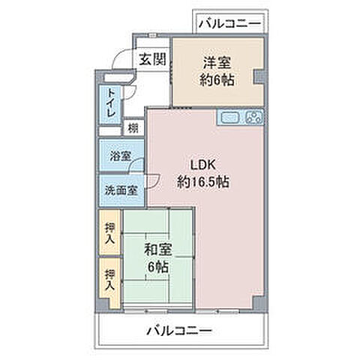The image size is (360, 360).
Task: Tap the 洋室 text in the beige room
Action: click(217, 62)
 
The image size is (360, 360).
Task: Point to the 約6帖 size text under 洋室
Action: click(217, 79)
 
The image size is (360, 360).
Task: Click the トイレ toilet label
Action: click(111, 103)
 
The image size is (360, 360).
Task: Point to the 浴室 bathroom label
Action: click(120, 156)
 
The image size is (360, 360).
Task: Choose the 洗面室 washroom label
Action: click(120, 190)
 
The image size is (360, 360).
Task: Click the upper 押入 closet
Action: click(109, 233)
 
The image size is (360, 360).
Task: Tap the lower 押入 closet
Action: click(109, 280)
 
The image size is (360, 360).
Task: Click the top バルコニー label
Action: click(230, 23)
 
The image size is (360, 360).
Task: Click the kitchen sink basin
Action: click(229, 117)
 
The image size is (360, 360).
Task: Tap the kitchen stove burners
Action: click(254, 117)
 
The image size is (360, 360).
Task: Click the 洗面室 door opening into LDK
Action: click(152, 180)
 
